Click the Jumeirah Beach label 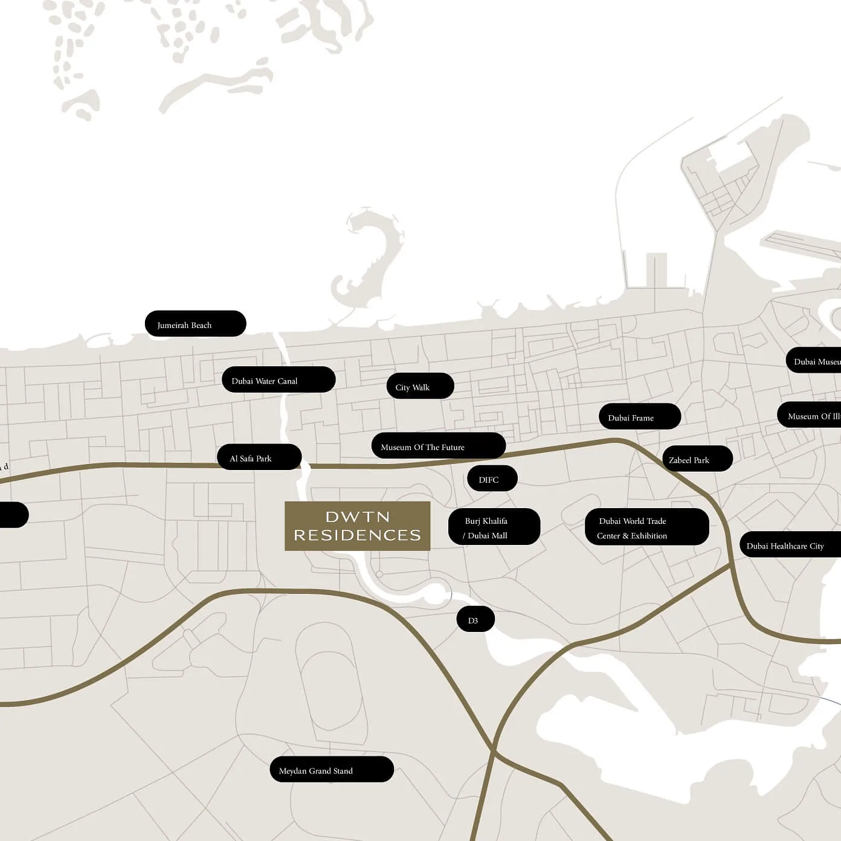(195, 324)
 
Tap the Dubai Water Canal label (278, 380)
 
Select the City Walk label (420, 387)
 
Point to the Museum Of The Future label (438, 446)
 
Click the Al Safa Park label (259, 458)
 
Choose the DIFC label (492, 479)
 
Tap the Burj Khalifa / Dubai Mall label (494, 527)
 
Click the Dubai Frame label (639, 417)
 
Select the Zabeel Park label (697, 459)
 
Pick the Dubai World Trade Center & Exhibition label (646, 527)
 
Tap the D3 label (475, 620)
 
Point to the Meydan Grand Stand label (331, 770)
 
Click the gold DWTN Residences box (357, 526)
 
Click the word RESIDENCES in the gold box (357, 535)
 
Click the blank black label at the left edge (12, 515)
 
